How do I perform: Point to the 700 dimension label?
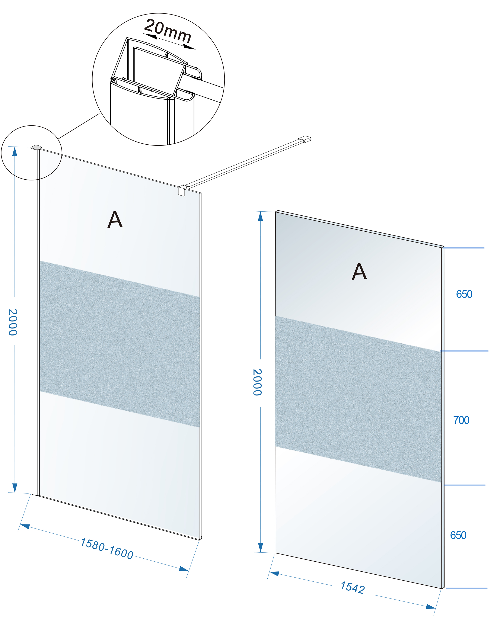coord(461,420)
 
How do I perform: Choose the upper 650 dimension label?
coord(464,294)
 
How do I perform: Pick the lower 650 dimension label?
coord(458,535)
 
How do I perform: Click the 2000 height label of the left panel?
coord(13,322)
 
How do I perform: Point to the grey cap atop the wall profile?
coord(36,147)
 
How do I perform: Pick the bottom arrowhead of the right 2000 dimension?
coord(261,547)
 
